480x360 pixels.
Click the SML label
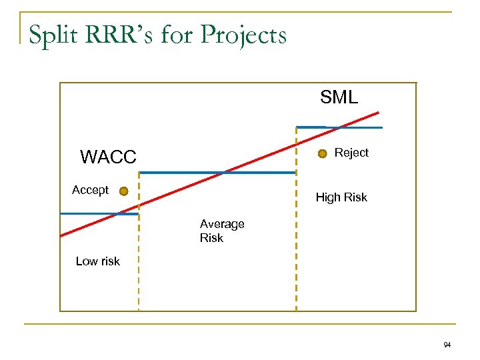click(x=339, y=97)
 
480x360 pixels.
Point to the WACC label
click(x=108, y=157)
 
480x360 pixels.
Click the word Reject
click(x=351, y=153)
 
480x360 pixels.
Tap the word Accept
click(x=90, y=190)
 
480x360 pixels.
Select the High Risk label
click(x=341, y=197)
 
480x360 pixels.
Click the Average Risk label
click(x=222, y=231)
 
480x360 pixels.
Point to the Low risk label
click(x=98, y=261)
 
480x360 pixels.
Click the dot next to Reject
click(x=323, y=154)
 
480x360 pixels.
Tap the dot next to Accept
click(x=123, y=191)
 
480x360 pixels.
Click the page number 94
click(x=447, y=345)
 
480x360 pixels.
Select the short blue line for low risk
click(x=99, y=213)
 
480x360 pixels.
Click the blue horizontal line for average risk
click(x=217, y=173)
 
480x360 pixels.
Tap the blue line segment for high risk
click(x=339, y=127)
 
